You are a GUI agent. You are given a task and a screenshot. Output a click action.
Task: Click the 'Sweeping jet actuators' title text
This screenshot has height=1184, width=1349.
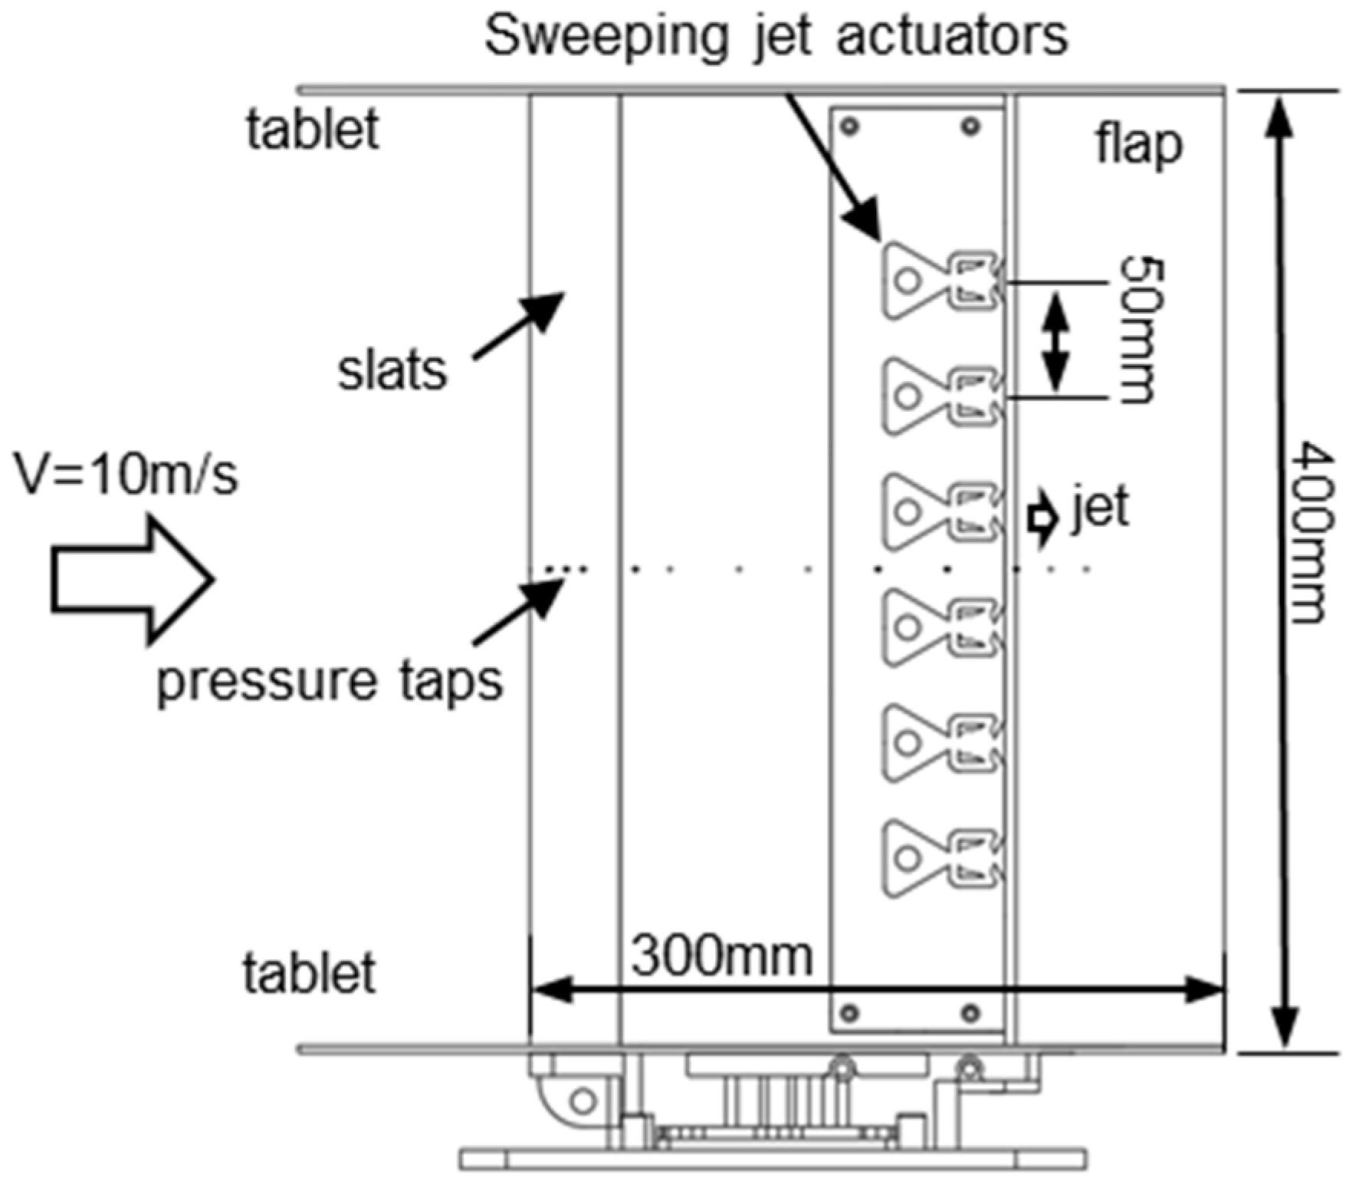click(x=776, y=36)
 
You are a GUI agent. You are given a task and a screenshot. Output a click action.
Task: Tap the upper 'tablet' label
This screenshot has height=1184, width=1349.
click(x=313, y=130)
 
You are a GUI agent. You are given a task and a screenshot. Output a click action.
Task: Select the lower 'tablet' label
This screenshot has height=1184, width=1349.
click(x=310, y=974)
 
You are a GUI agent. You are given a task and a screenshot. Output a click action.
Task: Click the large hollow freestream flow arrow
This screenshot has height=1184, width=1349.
click(x=131, y=580)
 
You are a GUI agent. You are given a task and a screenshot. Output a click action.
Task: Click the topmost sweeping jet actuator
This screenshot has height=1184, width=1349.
click(x=941, y=280)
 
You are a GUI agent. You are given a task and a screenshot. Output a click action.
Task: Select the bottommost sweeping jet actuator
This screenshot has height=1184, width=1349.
click(x=941, y=858)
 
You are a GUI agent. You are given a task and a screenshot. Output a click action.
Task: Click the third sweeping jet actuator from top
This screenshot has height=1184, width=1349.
click(x=941, y=511)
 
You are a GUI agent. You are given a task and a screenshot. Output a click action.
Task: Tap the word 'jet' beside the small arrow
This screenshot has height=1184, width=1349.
click(x=1101, y=508)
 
